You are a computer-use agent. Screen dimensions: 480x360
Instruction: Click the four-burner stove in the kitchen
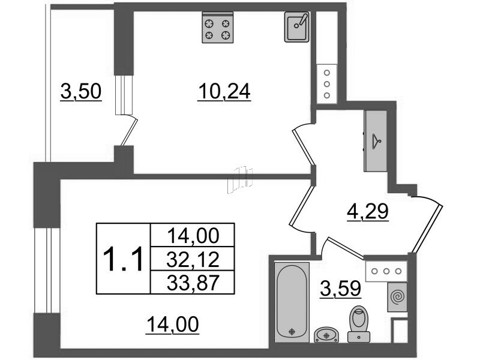coord(218,27)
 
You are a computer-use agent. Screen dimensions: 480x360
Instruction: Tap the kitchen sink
coord(296,26)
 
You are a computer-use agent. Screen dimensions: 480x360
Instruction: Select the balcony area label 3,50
coord(81,92)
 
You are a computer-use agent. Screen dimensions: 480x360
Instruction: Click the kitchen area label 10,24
coord(224,92)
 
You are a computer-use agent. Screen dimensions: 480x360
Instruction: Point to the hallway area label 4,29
coord(368,212)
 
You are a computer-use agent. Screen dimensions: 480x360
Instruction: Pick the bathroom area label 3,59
coord(340,289)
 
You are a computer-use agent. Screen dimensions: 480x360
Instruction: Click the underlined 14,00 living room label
coord(173,325)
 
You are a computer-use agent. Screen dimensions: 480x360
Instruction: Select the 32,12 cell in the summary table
coord(193,259)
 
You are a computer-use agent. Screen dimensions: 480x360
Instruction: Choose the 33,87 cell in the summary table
coord(193,282)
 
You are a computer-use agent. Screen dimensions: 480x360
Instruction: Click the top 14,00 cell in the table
coord(193,235)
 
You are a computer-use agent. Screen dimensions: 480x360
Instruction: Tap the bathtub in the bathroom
coord(292,302)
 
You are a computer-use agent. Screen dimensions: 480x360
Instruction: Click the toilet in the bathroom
coord(359,324)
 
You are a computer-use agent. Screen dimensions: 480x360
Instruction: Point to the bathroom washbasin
coord(326,335)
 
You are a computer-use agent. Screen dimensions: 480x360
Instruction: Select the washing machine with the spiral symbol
coord(397,297)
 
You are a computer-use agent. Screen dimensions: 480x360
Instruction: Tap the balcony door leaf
coord(129,132)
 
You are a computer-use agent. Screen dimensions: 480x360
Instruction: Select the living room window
coord(47,271)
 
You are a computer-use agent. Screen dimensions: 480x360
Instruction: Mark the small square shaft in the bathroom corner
coord(400,331)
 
